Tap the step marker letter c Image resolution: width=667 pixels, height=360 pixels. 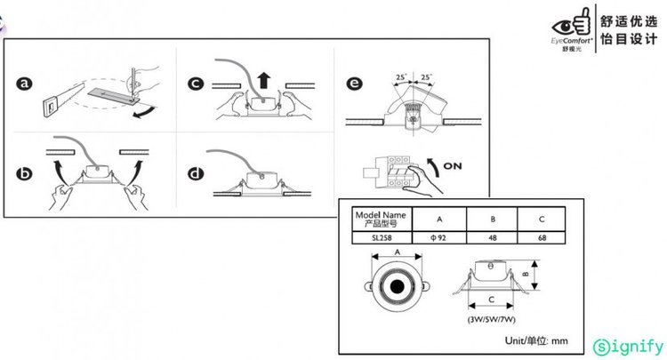(196, 85)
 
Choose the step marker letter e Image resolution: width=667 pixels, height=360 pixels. (355, 85)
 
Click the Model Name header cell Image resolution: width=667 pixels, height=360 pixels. (380, 219)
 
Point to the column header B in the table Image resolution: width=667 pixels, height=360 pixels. (493, 219)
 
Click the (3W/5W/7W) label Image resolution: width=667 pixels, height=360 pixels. (491, 317)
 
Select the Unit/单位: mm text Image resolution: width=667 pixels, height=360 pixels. (536, 340)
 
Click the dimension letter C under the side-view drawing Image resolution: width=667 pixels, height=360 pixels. (489, 300)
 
